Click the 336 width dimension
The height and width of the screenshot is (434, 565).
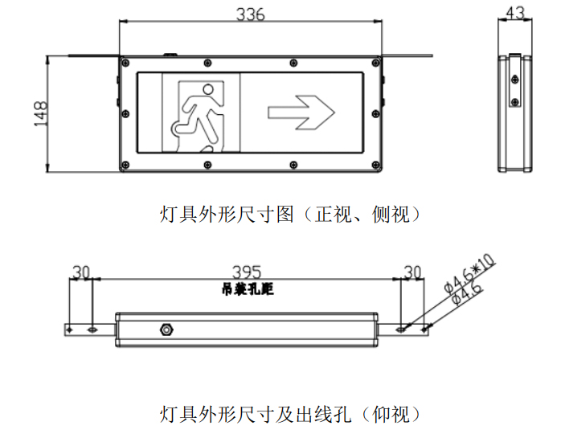tap(250, 14)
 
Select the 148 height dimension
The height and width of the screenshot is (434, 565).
tap(41, 113)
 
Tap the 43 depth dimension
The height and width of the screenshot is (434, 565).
tap(515, 13)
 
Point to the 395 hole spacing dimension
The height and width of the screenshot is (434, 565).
tap(247, 272)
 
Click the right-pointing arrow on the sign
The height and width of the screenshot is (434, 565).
tap(301, 113)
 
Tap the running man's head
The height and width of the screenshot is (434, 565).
tap(208, 89)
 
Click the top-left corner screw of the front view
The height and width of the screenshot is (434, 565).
tap(125, 63)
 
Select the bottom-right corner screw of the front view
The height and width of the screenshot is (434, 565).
tap(376, 165)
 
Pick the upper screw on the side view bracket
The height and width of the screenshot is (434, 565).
tap(515, 80)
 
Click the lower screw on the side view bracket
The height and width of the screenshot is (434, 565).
tap(515, 101)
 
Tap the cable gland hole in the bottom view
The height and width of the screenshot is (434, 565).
tap(166, 329)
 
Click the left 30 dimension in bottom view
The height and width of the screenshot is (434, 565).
tap(80, 272)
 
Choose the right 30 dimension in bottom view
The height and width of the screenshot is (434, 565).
tap(412, 272)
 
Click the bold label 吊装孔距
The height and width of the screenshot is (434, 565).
tap(248, 289)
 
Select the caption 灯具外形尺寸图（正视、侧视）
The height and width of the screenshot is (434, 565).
tap(290, 215)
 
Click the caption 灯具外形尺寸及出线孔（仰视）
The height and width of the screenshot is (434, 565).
tap(290, 414)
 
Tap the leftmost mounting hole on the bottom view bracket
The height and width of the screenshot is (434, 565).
tap(70, 330)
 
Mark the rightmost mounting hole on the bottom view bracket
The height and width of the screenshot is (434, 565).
tap(424, 330)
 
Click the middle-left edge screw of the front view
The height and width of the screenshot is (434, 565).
tap(125, 114)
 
